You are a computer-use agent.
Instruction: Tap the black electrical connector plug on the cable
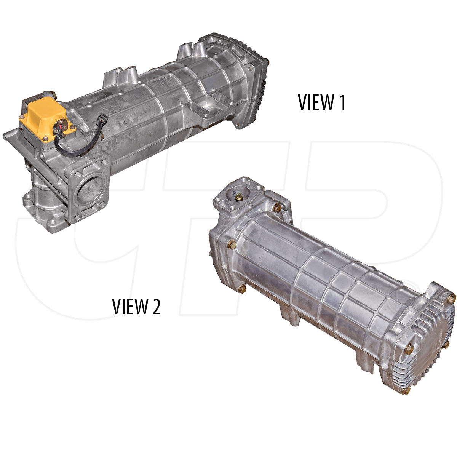point(102,121)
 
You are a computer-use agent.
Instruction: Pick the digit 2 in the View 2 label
point(156,306)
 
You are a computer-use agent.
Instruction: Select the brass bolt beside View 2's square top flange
point(277,208)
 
